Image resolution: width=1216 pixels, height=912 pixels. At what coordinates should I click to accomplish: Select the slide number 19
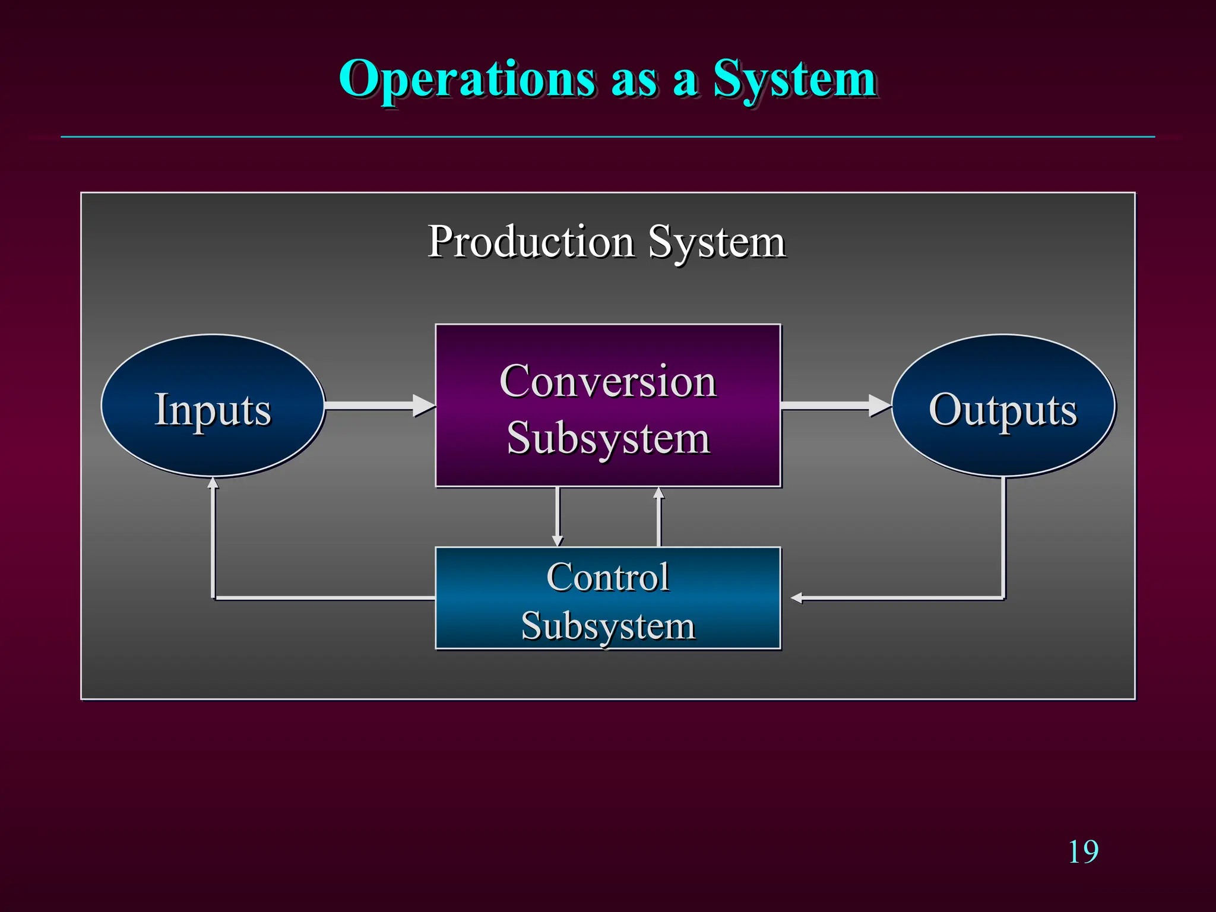coord(1083,853)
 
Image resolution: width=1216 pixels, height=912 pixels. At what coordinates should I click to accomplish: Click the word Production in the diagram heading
coord(531,242)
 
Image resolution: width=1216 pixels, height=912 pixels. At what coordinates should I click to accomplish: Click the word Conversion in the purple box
coord(608,381)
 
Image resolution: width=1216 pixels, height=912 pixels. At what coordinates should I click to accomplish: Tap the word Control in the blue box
coord(608,577)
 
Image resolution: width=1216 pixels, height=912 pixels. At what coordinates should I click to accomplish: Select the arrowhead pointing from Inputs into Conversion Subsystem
coord(424,406)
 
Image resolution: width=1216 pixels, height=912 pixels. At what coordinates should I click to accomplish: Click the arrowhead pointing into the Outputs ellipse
coord(880,406)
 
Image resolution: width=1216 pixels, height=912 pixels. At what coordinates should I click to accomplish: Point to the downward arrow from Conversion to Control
coord(557,517)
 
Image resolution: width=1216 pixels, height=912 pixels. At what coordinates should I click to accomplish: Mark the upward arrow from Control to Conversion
coord(658,517)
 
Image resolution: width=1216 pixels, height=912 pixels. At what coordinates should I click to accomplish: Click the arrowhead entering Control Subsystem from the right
coord(797,598)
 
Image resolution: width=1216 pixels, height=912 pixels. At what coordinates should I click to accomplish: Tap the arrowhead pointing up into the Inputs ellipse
coord(213,483)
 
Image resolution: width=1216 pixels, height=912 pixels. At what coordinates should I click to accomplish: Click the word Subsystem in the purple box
coord(608,438)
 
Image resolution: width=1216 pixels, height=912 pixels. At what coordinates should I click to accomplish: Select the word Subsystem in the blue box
coord(608,626)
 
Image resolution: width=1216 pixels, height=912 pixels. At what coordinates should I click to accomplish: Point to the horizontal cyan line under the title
coord(608,137)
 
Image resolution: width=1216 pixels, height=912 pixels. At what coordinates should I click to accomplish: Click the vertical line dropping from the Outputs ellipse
coord(1003,534)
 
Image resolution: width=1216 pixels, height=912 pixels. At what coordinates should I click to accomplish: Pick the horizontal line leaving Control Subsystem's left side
coord(324,598)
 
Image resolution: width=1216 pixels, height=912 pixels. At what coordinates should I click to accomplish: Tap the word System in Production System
coord(717,242)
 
